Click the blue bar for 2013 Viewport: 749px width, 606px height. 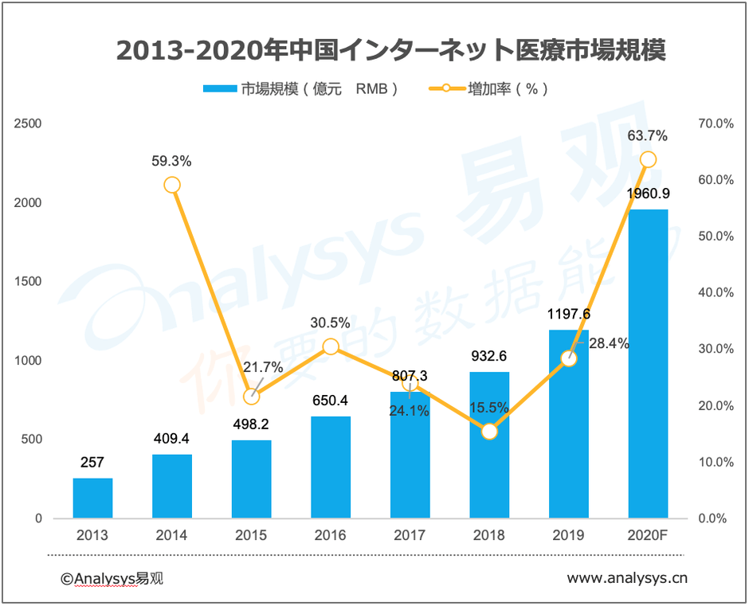[x=92, y=498]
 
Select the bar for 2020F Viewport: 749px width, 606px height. [x=648, y=364]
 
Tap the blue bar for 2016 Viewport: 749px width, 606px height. [x=331, y=467]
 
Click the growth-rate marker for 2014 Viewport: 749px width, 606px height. [x=172, y=185]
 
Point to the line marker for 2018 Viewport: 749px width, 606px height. [x=489, y=432]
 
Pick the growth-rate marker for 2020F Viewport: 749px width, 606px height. [x=648, y=159]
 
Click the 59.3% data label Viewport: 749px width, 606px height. [x=171, y=161]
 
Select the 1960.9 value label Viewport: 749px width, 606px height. [x=647, y=194]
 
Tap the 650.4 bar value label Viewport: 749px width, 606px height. [x=331, y=401]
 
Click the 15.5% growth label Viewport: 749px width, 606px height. [x=489, y=407]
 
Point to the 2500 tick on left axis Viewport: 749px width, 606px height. [x=28, y=123]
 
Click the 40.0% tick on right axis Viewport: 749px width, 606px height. [x=715, y=293]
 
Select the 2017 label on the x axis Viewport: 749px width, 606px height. [x=410, y=535]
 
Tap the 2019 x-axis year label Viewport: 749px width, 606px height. [x=568, y=535]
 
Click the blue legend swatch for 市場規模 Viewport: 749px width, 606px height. [x=221, y=89]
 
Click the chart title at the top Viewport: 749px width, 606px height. [x=390, y=49]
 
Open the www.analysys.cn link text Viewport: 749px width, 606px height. [x=626, y=579]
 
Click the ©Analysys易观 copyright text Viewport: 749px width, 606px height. [x=112, y=579]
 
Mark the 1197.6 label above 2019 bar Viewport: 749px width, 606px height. [x=568, y=315]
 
